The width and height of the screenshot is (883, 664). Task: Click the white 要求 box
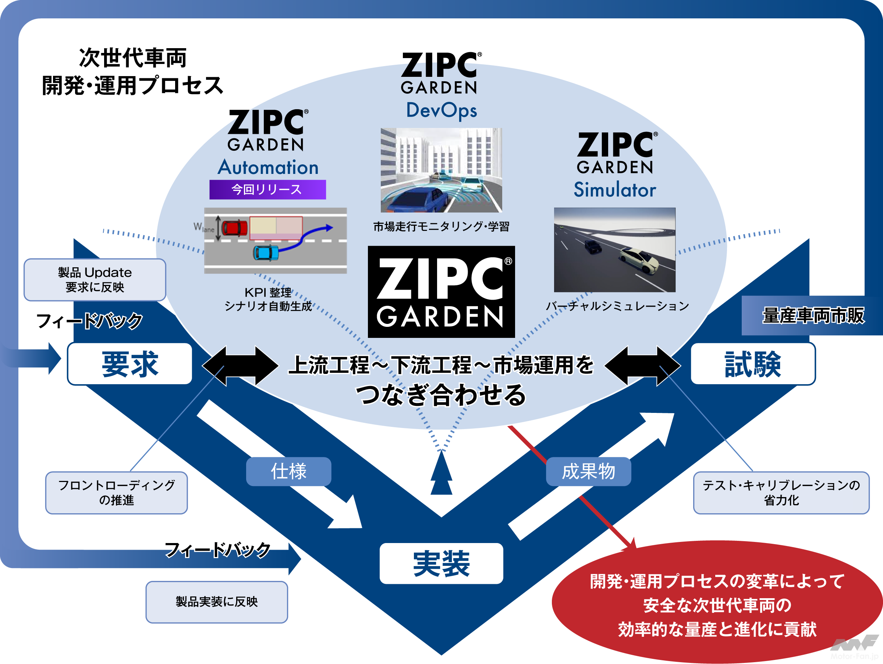click(x=130, y=364)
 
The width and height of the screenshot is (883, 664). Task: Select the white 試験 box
click(x=752, y=364)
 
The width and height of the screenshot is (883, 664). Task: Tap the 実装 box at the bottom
click(x=441, y=563)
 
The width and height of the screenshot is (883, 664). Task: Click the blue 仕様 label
click(x=288, y=471)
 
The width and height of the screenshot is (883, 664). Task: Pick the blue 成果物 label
click(x=588, y=471)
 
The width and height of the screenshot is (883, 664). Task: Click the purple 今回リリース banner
click(x=267, y=189)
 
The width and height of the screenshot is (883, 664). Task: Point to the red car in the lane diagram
click(x=235, y=228)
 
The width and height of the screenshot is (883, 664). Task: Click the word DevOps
click(x=441, y=110)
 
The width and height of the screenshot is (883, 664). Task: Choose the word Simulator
click(x=615, y=190)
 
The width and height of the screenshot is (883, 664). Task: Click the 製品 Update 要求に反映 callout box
click(x=95, y=279)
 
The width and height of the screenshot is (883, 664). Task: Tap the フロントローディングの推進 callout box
click(x=116, y=493)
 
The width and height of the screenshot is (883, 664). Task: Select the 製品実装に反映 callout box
click(x=217, y=601)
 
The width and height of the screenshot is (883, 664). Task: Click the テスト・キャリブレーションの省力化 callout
click(x=781, y=493)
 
